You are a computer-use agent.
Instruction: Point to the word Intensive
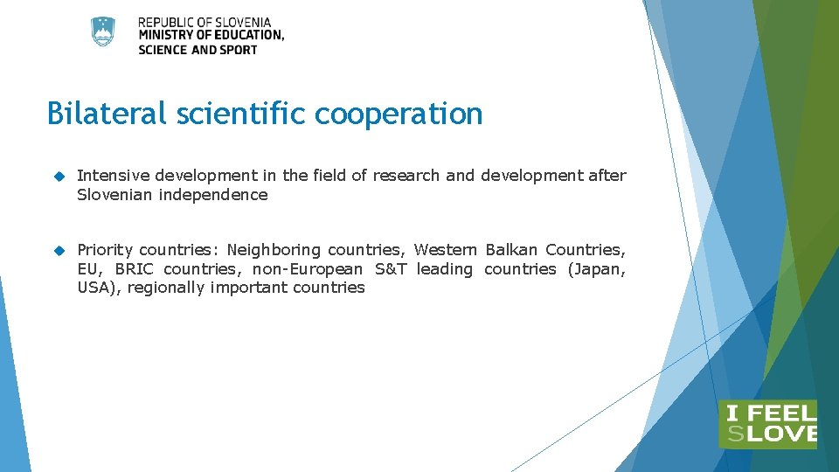tap(110, 176)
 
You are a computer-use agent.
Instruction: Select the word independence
tap(213, 195)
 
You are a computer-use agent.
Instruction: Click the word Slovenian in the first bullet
tap(114, 195)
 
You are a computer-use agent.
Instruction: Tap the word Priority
tap(105, 250)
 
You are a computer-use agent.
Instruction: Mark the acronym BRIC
tap(134, 269)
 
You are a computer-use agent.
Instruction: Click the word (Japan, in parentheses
tap(597, 269)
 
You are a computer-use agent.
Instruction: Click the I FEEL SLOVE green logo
tap(767, 425)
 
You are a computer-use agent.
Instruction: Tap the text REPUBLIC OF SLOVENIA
tap(205, 22)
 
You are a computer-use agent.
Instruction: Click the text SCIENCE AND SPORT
tap(198, 50)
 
